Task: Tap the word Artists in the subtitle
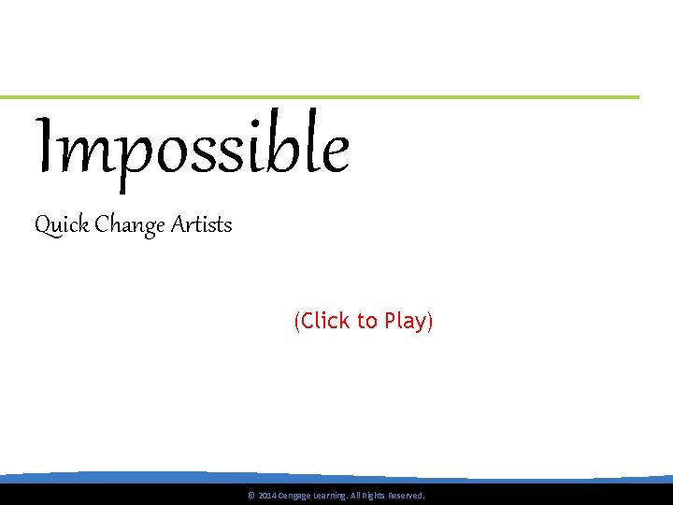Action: (x=202, y=225)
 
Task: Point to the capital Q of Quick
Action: (x=41, y=226)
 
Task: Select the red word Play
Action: (x=405, y=322)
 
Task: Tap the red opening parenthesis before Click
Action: (x=296, y=322)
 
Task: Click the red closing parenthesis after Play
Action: (x=431, y=322)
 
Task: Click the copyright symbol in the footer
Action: (x=251, y=496)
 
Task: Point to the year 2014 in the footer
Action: (x=266, y=496)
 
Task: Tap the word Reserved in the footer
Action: (x=406, y=496)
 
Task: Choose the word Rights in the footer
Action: (x=373, y=496)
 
